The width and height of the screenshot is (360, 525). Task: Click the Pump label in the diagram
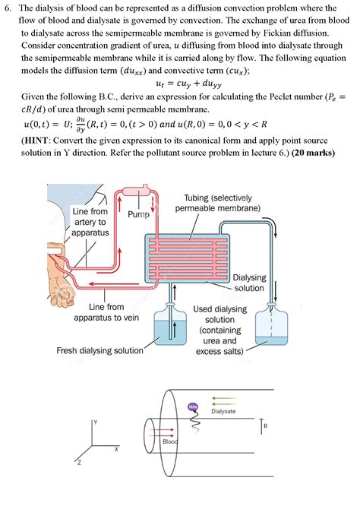point(136,215)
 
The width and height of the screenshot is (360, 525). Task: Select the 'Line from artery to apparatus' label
point(90,221)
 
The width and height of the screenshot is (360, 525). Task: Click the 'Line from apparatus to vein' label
point(106,312)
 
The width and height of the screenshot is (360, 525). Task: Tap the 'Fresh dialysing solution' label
point(99,350)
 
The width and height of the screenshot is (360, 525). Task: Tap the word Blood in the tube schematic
point(171,441)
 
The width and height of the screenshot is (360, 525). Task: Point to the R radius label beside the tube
point(265,427)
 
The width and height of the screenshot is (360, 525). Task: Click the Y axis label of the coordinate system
point(96,421)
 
